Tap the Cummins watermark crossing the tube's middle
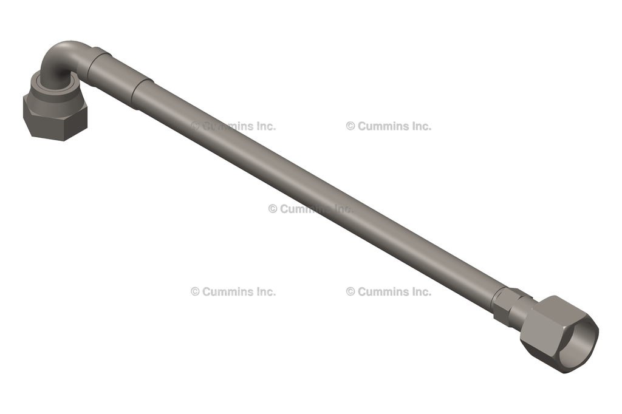point(310,209)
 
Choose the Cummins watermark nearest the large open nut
point(389,291)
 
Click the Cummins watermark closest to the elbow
point(233,126)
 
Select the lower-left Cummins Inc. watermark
point(233,291)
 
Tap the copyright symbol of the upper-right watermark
point(350,126)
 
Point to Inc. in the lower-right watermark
point(420,291)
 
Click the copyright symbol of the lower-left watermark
point(195,291)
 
